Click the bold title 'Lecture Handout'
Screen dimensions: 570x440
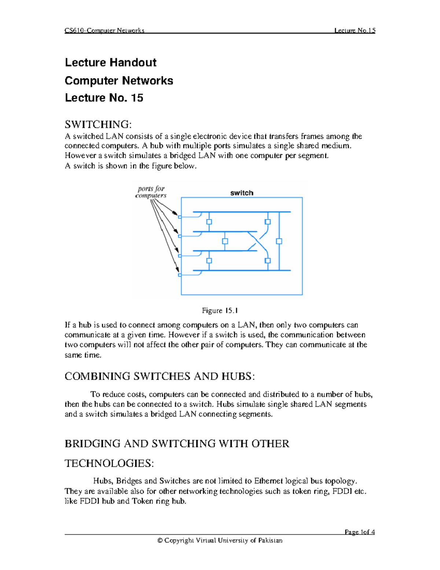[x=110, y=62]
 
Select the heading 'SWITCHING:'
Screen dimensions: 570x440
[x=98, y=124]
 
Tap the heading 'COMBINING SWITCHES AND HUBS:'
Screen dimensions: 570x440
[x=159, y=376]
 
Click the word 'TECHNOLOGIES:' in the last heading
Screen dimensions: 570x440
[x=109, y=463]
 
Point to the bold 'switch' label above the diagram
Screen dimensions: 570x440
[x=242, y=193]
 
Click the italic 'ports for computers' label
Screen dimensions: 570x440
[x=151, y=192]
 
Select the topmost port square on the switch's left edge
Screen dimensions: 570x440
[x=180, y=217]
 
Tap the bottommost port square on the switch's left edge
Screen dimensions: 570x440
[x=180, y=275]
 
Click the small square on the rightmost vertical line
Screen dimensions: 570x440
[x=279, y=241]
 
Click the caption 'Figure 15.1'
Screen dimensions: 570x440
[x=220, y=311]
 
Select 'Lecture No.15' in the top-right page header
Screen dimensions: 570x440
[x=355, y=30]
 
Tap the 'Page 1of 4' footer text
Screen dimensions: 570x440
[x=359, y=532]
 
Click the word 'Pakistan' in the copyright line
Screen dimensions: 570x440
[x=270, y=540]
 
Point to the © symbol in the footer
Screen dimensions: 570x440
[x=160, y=540]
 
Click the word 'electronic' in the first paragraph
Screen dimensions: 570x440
[x=212, y=136]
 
